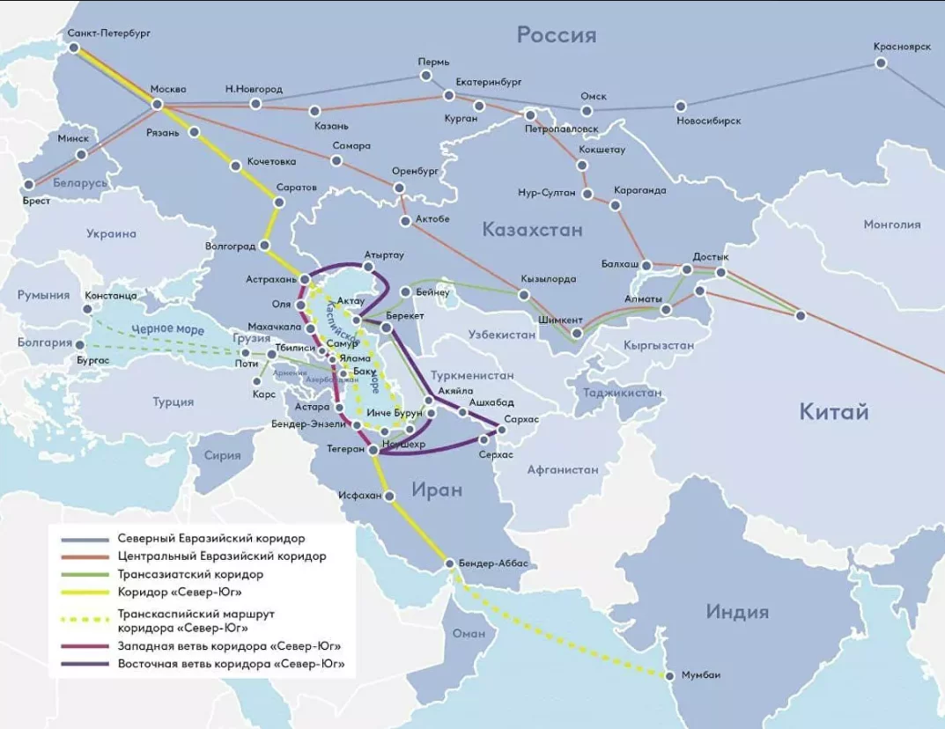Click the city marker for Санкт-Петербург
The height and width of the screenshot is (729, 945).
73,48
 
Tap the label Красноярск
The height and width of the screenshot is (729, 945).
902,47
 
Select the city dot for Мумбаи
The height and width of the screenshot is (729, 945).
668,675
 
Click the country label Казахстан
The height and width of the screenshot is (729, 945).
532,230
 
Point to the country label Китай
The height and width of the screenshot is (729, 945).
833,411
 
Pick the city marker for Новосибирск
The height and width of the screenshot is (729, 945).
680,106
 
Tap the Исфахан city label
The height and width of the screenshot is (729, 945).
360,496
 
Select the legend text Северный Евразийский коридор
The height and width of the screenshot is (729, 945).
210,537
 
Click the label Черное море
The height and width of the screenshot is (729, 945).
161,329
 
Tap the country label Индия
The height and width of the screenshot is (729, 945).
736,611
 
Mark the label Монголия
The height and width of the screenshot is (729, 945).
891,224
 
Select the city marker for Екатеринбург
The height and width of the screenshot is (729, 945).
449,94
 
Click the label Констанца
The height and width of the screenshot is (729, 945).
110,296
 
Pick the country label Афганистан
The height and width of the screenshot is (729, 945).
563,469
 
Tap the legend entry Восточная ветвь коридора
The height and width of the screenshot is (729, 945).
231,663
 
